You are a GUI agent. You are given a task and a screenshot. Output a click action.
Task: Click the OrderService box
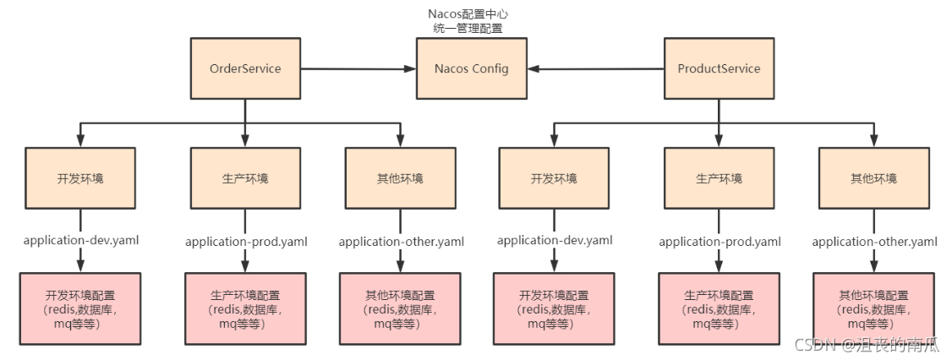(245, 68)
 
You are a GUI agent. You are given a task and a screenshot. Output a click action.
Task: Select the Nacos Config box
(471, 68)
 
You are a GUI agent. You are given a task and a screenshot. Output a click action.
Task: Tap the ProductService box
(719, 68)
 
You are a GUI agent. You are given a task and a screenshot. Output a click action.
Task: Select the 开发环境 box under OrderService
(80, 178)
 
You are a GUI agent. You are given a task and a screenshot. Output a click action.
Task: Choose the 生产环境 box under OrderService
(245, 178)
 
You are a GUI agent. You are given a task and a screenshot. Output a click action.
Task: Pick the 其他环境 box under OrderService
(400, 178)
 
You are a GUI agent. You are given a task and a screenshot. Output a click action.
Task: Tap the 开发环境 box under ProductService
(554, 178)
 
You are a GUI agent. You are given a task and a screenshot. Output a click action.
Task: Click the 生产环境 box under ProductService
(719, 178)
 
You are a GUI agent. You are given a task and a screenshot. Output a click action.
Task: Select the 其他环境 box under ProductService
(873, 178)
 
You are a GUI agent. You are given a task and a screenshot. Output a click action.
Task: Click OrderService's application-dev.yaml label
(80, 241)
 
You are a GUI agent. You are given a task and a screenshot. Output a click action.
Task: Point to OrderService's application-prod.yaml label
(246, 242)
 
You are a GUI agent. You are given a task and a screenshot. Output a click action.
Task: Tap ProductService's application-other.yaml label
(874, 242)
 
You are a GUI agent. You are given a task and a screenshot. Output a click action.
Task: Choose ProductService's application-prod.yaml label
(719, 242)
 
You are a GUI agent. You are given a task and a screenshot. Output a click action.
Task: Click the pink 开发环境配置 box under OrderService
(80, 309)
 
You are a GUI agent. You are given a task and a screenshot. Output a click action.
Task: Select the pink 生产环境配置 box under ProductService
(719, 309)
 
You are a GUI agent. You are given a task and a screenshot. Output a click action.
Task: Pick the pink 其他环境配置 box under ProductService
(873, 309)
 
